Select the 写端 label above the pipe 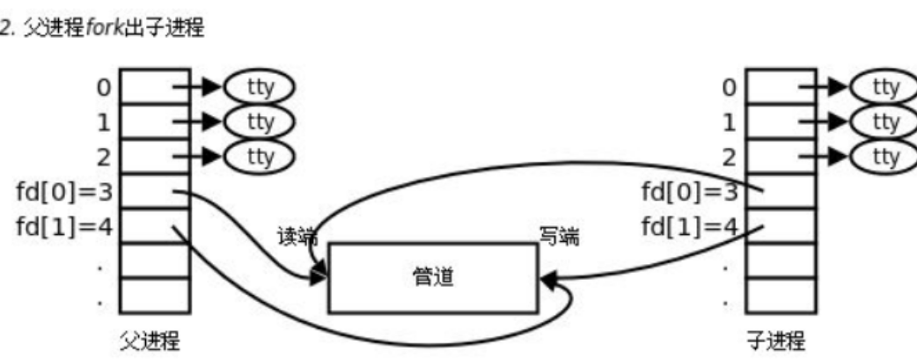[559, 237]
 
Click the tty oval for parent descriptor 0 [259, 86]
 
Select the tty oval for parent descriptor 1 [259, 121]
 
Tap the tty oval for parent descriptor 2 [259, 156]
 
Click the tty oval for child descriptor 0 [884, 86]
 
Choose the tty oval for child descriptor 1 [884, 121]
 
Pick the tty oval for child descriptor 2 [884, 156]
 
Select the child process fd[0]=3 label [689, 191]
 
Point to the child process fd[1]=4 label [689, 225]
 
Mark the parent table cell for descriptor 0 [154, 86]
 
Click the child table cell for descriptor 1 [780, 121]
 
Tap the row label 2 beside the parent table [105, 156]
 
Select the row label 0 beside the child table [729, 86]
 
